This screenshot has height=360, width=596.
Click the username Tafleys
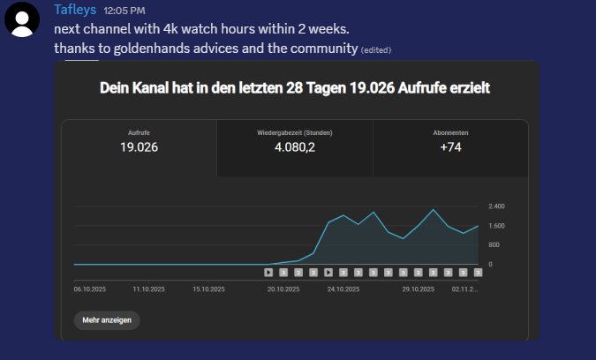(75, 10)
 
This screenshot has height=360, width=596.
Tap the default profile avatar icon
(22, 19)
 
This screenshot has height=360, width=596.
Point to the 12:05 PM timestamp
(124, 11)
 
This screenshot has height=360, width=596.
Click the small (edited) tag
(376, 50)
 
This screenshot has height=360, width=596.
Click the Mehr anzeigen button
(107, 320)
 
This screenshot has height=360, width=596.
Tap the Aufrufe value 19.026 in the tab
(139, 147)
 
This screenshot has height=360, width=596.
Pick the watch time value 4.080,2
(295, 147)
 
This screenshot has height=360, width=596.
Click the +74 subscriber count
(450, 147)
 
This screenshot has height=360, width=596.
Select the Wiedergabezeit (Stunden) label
(295, 133)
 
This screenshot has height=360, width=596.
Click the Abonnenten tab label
(450, 133)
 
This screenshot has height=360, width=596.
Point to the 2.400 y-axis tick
(496, 206)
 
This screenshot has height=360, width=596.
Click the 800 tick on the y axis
(494, 245)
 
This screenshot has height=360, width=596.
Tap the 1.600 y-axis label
(496, 226)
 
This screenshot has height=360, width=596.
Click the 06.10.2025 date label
(90, 289)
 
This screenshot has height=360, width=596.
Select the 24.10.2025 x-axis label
(343, 289)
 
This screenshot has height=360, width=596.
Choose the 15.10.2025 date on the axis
(208, 289)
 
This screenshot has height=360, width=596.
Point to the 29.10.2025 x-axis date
(419, 289)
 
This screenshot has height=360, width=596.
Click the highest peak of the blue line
(433, 210)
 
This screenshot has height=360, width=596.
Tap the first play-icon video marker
(268, 273)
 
